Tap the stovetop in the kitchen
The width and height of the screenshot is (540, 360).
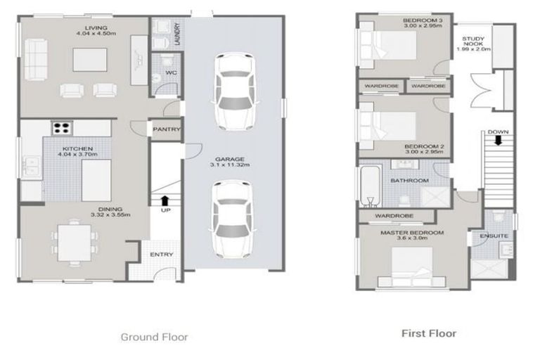62,128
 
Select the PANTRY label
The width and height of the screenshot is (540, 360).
167,129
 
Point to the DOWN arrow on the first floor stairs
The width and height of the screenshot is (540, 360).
498,139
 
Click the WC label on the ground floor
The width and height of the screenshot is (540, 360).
171,72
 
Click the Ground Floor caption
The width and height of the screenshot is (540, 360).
154,337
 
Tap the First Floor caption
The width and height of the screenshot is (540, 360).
428,333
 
